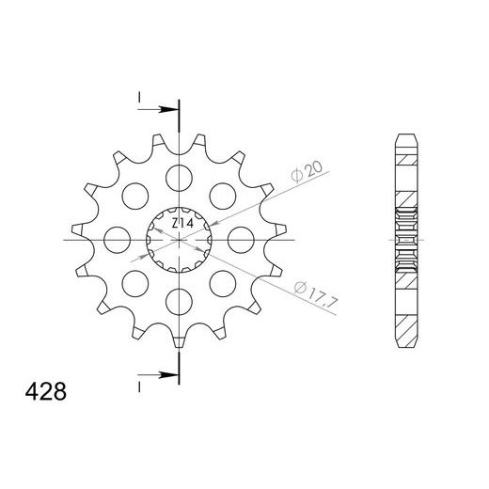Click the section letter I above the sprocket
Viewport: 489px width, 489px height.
(x=138, y=98)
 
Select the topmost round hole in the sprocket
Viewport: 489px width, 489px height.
(x=178, y=176)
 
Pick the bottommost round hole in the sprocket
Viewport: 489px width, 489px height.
(x=178, y=301)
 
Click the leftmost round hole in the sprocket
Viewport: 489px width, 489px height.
(x=116, y=238)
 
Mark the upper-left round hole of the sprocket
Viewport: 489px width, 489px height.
(x=134, y=195)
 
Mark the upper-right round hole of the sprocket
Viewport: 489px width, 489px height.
(x=222, y=195)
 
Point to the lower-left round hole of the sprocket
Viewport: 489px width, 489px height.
(x=134, y=282)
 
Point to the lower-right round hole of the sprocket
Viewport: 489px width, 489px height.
(x=222, y=282)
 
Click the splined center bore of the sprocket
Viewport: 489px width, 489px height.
(x=178, y=238)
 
